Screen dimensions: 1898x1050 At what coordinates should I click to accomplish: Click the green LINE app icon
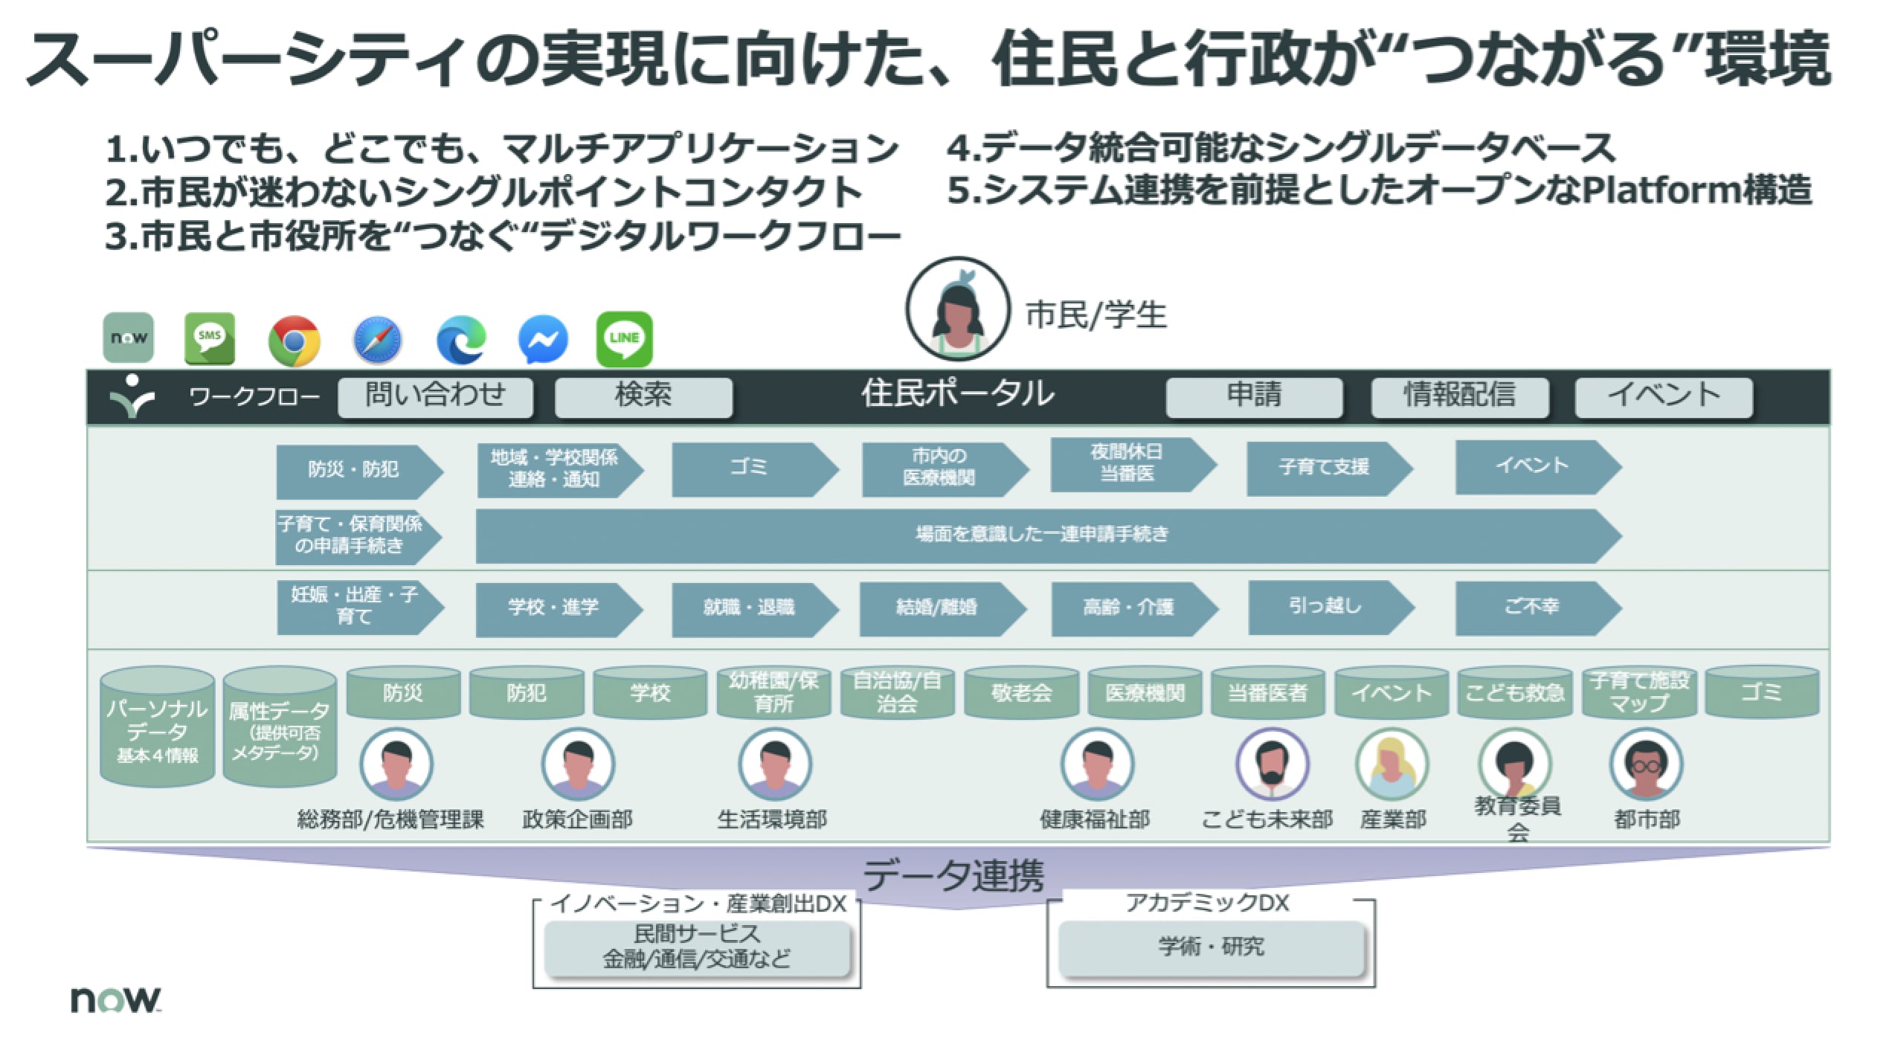tap(624, 339)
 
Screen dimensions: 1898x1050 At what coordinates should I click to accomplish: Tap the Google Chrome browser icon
tap(295, 341)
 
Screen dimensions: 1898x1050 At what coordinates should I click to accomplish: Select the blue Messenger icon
tap(543, 340)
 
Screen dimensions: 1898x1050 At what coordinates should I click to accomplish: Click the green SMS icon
tap(210, 339)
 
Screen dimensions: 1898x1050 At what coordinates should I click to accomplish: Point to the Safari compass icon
tap(378, 341)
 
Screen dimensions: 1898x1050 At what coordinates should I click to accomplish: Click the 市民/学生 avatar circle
tap(957, 309)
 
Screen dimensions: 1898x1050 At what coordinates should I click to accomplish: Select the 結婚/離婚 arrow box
tap(942, 609)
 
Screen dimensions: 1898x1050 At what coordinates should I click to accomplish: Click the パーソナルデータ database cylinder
tap(157, 727)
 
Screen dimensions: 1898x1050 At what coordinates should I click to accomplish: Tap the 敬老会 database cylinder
tap(1021, 692)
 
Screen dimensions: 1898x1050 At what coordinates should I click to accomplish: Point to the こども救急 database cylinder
tap(1514, 692)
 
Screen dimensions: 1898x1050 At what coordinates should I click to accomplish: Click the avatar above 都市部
tap(1646, 764)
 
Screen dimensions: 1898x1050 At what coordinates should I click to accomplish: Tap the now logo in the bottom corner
tap(115, 999)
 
